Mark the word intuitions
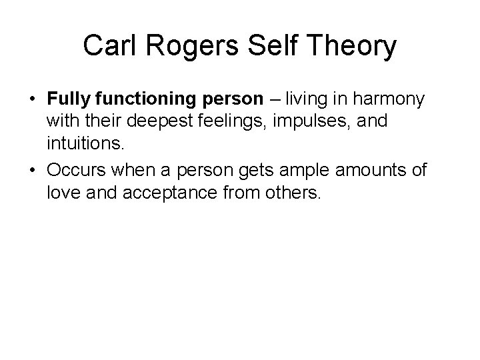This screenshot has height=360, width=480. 83,143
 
